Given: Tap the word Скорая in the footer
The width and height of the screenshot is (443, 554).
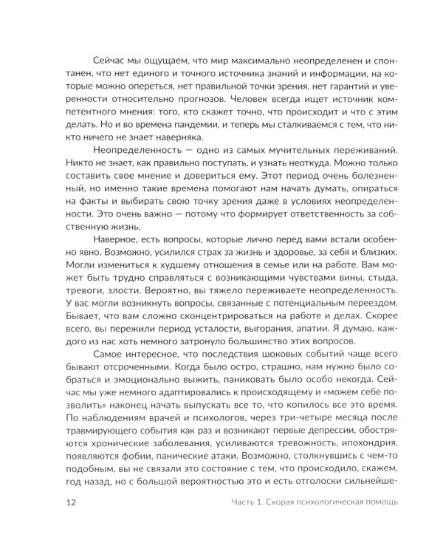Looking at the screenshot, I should [269, 504].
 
